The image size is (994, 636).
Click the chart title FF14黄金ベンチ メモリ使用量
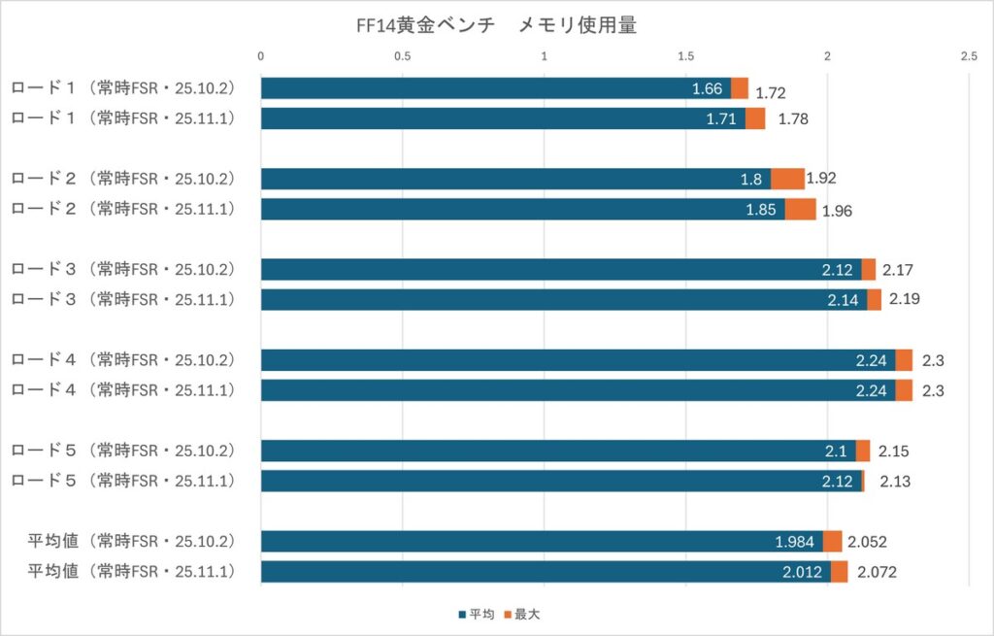tap(496, 26)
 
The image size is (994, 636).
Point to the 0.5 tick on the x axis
tap(403, 56)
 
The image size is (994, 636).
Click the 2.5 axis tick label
tap(968, 56)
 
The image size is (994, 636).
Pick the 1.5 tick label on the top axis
tap(685, 56)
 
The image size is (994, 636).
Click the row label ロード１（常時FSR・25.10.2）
tap(122, 88)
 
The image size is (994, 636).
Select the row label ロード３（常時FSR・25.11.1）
tap(122, 299)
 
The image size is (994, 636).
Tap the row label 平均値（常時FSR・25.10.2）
tap(130, 541)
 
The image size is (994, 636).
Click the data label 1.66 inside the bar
tap(707, 89)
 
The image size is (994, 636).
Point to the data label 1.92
tap(821, 179)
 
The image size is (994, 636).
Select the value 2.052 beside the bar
tap(867, 543)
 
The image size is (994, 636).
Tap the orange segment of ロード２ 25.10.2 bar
tap(787, 179)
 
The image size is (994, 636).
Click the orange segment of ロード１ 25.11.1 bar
tap(755, 118)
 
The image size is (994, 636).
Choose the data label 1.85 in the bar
tap(763, 210)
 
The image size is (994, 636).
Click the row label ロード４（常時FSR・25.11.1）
tap(122, 389)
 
